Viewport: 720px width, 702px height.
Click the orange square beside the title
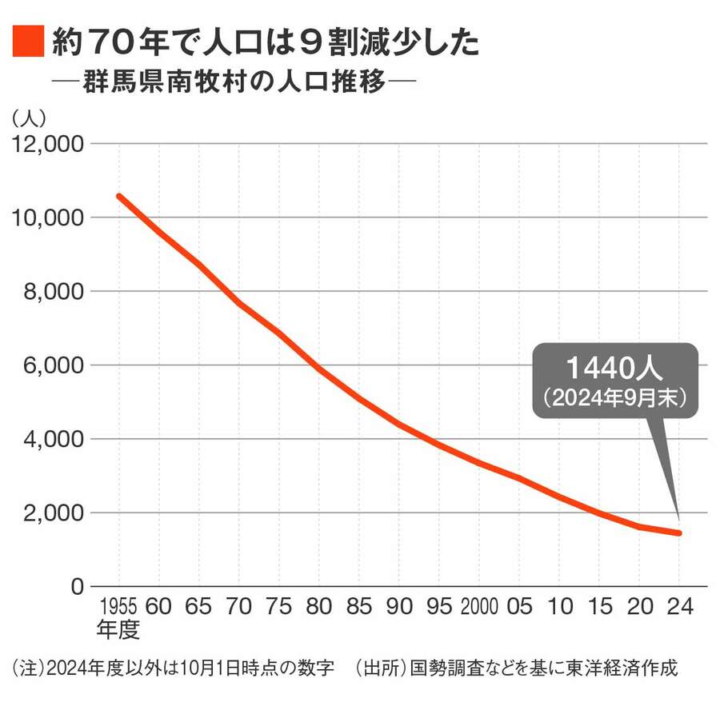(28, 42)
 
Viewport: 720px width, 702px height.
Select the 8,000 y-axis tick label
(49, 292)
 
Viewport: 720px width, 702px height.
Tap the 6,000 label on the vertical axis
(49, 365)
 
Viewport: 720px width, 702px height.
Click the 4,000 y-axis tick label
(49, 439)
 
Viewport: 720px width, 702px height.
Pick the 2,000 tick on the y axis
(49, 513)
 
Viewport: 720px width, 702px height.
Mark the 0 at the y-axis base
(77, 587)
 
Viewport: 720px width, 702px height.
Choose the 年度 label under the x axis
(118, 629)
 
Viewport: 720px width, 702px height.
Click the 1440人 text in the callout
(614, 368)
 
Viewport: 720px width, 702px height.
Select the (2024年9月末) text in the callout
(614, 397)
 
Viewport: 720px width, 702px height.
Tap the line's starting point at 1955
(119, 196)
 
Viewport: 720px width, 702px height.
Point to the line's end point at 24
(678, 533)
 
